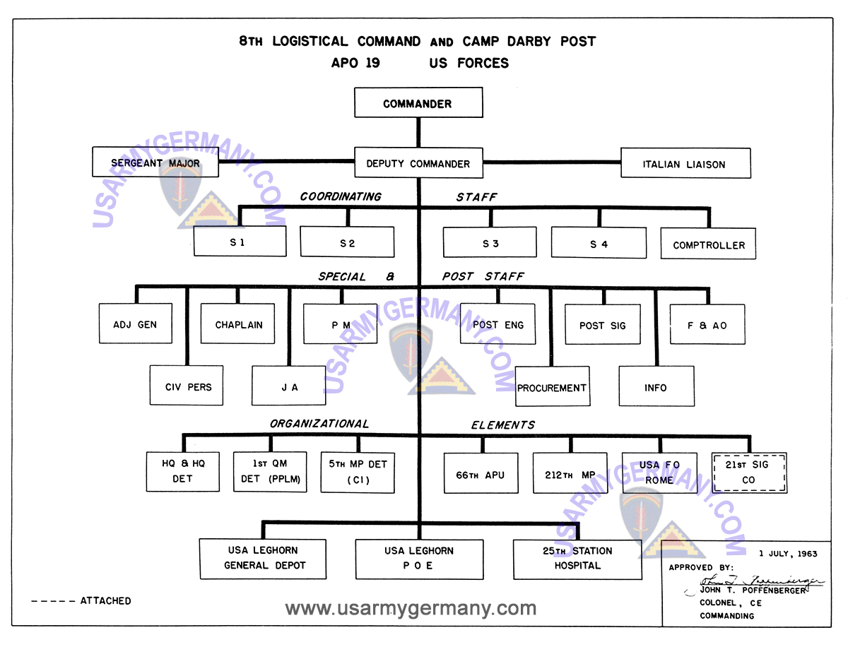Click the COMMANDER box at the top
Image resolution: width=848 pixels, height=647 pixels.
pyautogui.click(x=418, y=103)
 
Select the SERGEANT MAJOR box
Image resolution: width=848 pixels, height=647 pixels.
pyautogui.click(x=155, y=162)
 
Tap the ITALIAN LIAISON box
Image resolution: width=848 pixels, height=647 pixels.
pyautogui.click(x=685, y=164)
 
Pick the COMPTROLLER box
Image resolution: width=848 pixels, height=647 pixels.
pyautogui.click(x=708, y=244)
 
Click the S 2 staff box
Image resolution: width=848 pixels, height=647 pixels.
pyautogui.click(x=347, y=242)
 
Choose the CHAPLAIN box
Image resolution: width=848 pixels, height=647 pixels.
pyautogui.click(x=239, y=324)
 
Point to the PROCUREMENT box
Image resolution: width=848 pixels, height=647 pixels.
pyautogui.click(x=552, y=387)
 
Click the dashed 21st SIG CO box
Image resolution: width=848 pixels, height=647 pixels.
pyautogui.click(x=749, y=472)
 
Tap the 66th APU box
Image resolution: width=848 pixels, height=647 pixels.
pyautogui.click(x=481, y=474)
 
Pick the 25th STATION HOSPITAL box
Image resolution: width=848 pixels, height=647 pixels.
pyautogui.click(x=577, y=559)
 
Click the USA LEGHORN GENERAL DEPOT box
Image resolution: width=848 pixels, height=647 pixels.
pyautogui.click(x=263, y=558)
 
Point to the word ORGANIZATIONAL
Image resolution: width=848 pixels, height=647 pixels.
pyautogui.click(x=319, y=424)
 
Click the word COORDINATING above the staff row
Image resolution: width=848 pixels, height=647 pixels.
pyautogui.click(x=341, y=196)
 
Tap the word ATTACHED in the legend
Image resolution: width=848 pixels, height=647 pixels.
pyautogui.click(x=105, y=600)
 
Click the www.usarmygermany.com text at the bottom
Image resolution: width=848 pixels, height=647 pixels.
pyautogui.click(x=411, y=608)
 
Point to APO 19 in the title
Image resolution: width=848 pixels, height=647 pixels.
pyautogui.click(x=355, y=63)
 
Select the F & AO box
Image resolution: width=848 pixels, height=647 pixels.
pyautogui.click(x=707, y=325)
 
